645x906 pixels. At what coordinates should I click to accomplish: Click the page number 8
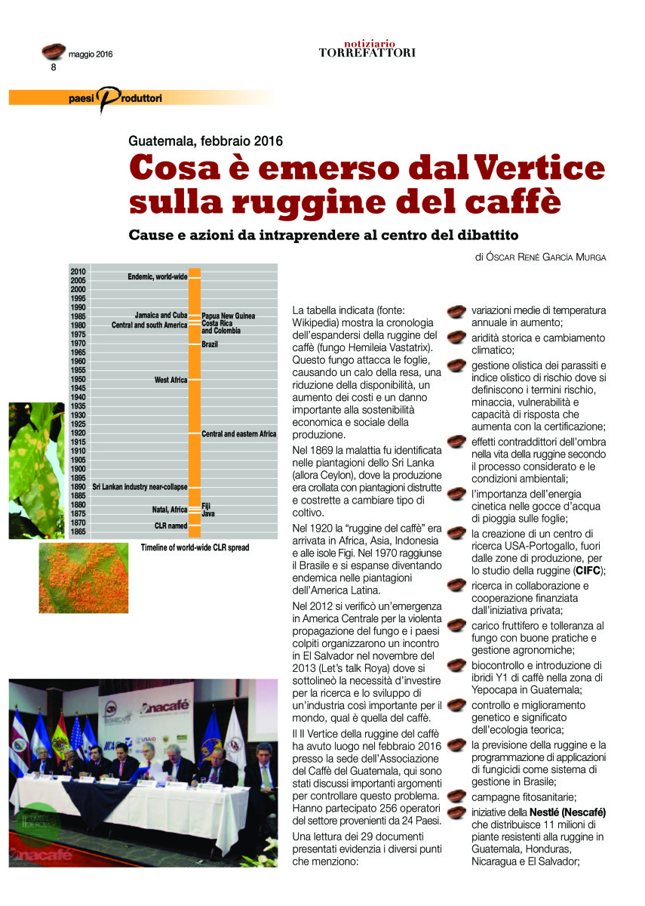coord(54,66)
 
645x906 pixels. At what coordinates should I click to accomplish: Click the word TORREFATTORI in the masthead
coord(367,53)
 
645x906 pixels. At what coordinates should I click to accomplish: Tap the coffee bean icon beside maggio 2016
coord(53,51)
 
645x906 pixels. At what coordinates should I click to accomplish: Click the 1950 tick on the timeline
coord(78,379)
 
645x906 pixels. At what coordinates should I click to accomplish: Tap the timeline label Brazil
coord(210,344)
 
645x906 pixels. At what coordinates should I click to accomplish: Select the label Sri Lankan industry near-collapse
coord(140,487)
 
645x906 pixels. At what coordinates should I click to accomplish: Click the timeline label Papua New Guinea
coord(229,316)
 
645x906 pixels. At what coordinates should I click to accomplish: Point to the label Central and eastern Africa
coord(239,434)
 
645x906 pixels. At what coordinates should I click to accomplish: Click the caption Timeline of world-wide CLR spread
coord(195,547)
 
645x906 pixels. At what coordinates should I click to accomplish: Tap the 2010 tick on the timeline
coord(78,271)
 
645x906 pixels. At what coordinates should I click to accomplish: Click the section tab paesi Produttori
coord(113,97)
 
